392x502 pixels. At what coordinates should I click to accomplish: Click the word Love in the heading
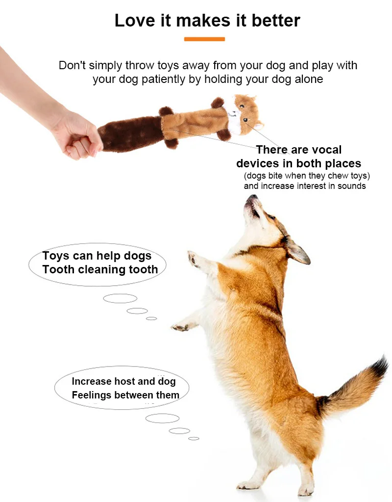[135, 21]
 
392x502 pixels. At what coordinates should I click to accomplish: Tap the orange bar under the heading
[204, 39]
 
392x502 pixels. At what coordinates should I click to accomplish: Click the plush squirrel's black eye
[245, 120]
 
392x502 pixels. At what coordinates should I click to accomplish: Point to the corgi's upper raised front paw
[194, 258]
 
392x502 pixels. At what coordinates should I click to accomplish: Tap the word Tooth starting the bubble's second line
[58, 269]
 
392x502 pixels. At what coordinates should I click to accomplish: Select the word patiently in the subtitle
[163, 79]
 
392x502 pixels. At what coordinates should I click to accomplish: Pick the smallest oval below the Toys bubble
[151, 318]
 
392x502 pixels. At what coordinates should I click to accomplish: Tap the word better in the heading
[276, 21]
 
